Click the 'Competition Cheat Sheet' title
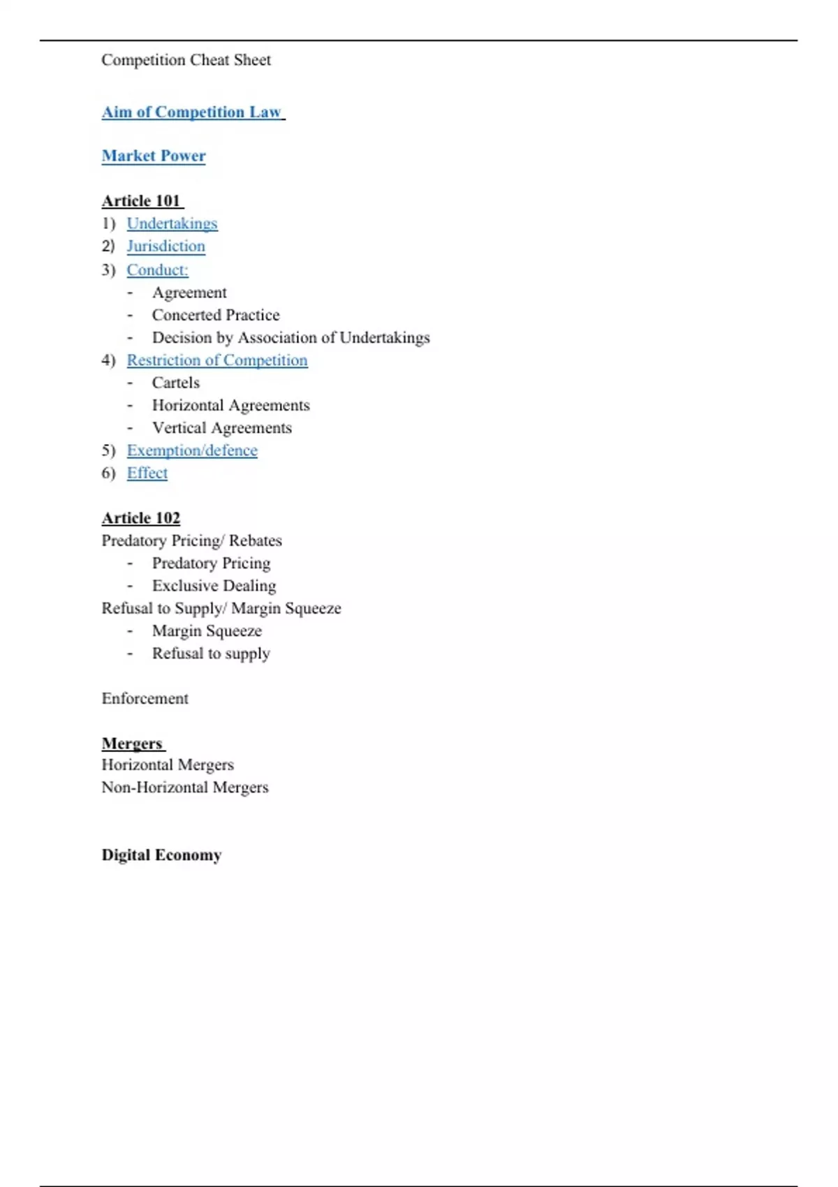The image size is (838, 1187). (186, 60)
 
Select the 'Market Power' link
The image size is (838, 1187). (154, 156)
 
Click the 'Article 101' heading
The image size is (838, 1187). (141, 201)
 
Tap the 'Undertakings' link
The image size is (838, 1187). (172, 223)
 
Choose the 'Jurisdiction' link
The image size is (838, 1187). (166, 246)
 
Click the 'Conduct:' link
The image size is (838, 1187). (157, 270)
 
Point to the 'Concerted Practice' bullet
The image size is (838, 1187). (216, 315)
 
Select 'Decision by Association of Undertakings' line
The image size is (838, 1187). (291, 337)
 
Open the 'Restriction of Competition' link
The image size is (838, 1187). (217, 360)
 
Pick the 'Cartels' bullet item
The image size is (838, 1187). (176, 383)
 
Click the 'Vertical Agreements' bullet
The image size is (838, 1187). (222, 427)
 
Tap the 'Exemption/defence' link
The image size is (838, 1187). (192, 450)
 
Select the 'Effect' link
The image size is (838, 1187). (147, 473)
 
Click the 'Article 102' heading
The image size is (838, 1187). (141, 518)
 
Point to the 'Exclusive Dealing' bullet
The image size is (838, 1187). (214, 585)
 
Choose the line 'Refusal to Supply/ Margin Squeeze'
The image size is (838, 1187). (221, 608)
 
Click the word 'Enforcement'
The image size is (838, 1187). (145, 698)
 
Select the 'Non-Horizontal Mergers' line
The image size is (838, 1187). (185, 787)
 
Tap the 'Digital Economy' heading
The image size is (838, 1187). (161, 855)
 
